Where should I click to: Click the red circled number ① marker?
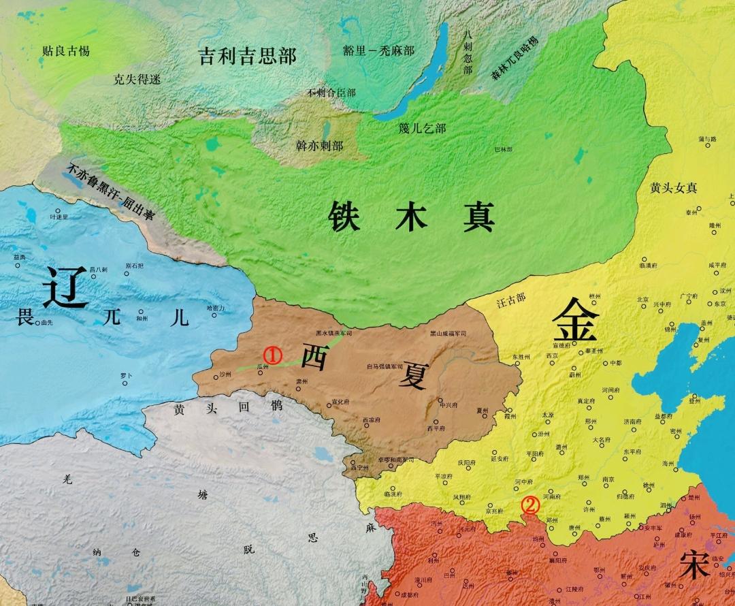pyautogui.click(x=272, y=355)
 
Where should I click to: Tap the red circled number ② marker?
pyautogui.click(x=530, y=505)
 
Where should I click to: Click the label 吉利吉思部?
pyautogui.click(x=247, y=55)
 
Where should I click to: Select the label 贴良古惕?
pyautogui.click(x=66, y=50)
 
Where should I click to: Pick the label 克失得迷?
pyautogui.click(x=137, y=79)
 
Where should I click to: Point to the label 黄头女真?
pyautogui.click(x=674, y=188)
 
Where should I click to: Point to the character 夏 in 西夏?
pyautogui.click(x=412, y=374)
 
